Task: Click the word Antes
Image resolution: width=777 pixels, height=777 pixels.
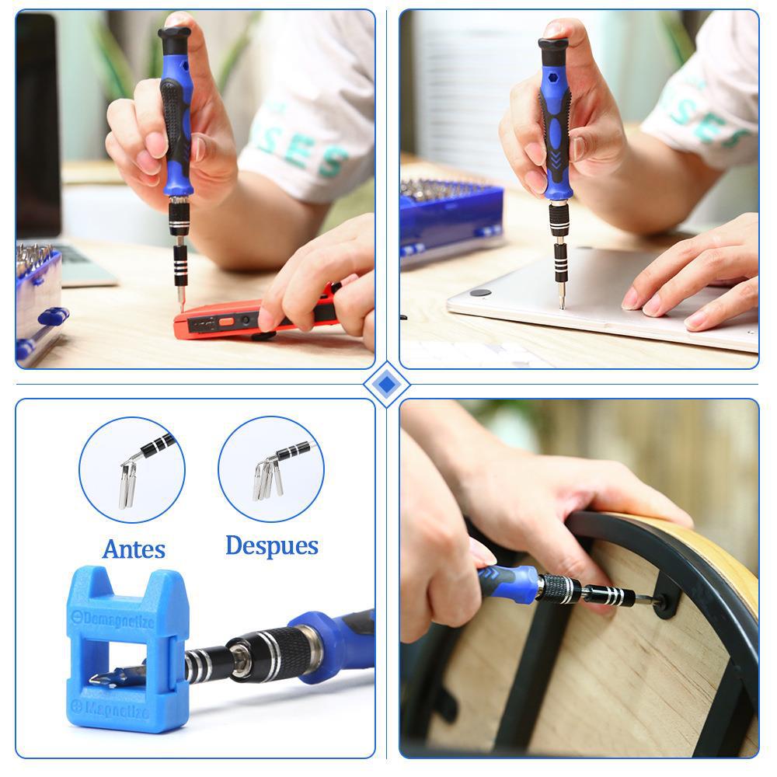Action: pos(134,549)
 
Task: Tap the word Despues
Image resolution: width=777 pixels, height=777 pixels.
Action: pos(271,545)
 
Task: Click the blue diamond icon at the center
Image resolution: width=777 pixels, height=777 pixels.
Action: pos(386,385)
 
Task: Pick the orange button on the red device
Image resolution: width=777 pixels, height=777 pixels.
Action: pos(227,321)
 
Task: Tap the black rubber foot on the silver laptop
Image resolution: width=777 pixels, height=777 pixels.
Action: pos(480,293)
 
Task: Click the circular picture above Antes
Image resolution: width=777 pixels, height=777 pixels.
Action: pos(132,470)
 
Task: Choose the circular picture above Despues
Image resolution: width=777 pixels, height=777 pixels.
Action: pos(271,469)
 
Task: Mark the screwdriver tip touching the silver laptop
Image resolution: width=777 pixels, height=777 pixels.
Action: pos(561,304)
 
